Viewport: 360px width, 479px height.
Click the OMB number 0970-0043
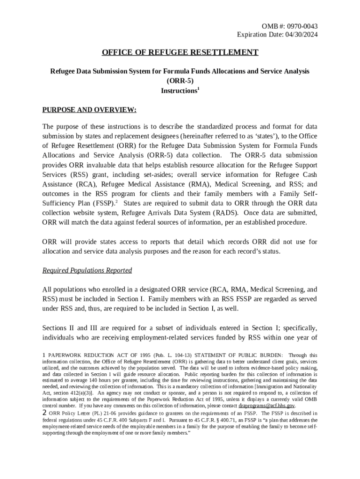pyautogui.click(x=306, y=26)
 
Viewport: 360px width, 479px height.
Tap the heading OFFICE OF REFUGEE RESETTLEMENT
pyautogui.click(x=180, y=52)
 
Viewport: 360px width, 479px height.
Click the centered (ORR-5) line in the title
pyautogui.click(x=180, y=81)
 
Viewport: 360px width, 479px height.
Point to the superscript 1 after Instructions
pyautogui.click(x=198, y=88)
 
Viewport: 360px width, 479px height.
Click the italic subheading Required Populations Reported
pyautogui.click(x=87, y=270)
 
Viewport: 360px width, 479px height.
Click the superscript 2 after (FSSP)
pyautogui.click(x=116, y=201)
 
